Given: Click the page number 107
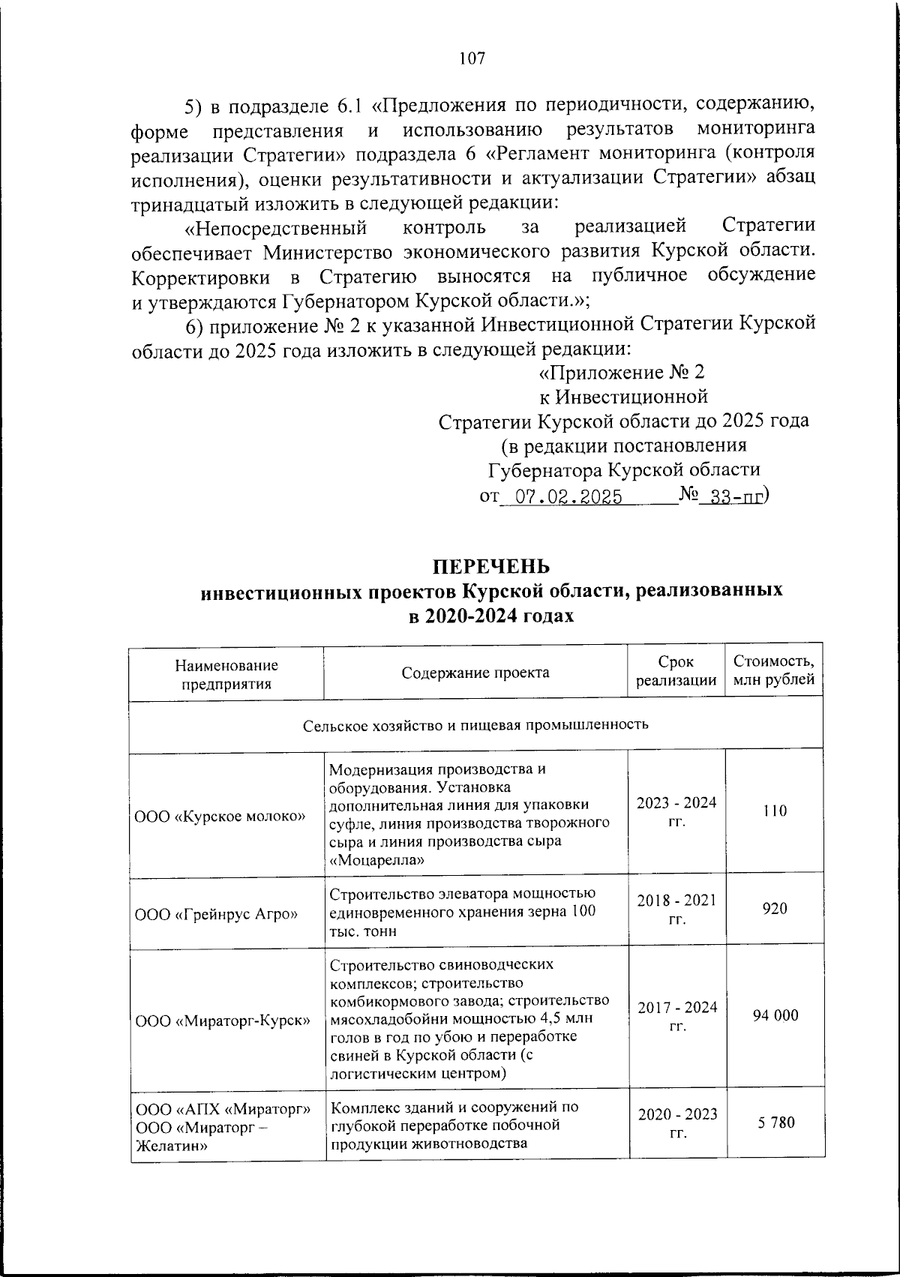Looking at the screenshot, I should click(x=472, y=58).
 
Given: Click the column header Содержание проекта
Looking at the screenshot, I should click(x=475, y=673).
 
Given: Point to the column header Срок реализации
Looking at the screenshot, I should click(x=676, y=672).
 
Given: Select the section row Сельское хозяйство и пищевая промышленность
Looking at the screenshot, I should click(x=475, y=725).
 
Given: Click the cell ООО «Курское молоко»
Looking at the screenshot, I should click(x=220, y=816).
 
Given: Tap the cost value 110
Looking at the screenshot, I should click(x=775, y=811).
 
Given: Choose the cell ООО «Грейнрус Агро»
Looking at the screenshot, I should click(x=216, y=914).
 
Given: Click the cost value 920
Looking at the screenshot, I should click(x=775, y=909).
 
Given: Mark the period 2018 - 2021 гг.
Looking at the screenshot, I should click(x=676, y=909).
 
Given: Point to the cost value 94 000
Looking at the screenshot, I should click(x=775, y=1015).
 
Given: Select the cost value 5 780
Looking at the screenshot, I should click(x=775, y=1123).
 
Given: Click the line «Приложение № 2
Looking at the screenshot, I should click(x=622, y=373).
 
